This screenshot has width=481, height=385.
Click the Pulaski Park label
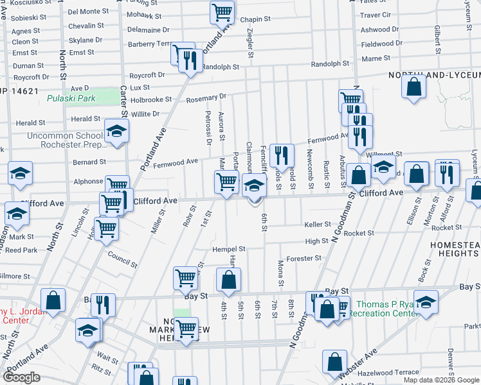[71, 99]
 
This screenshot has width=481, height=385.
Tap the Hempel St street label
[230, 249]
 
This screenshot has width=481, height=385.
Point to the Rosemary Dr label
[206, 99]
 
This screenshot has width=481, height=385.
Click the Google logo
[21, 377]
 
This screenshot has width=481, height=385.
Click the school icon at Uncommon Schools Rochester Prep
[116, 131]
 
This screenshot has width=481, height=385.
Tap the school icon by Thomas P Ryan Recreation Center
[426, 302]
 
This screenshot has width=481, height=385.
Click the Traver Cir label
[376, 14]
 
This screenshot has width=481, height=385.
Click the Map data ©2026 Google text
[440, 380]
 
